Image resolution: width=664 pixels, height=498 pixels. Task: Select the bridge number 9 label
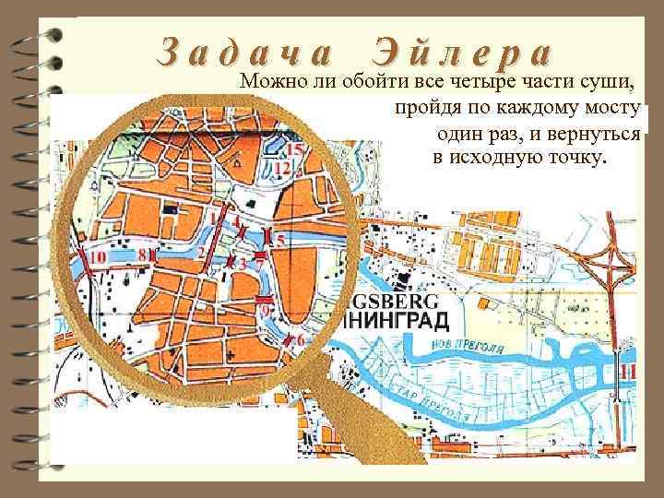[x=267, y=311]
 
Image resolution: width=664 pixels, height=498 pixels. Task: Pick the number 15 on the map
[x=295, y=150]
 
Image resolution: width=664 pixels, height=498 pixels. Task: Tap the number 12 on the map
[x=283, y=168]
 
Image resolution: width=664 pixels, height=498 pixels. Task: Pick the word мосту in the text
[x=607, y=110]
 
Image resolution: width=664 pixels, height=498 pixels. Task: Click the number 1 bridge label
[x=214, y=219]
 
